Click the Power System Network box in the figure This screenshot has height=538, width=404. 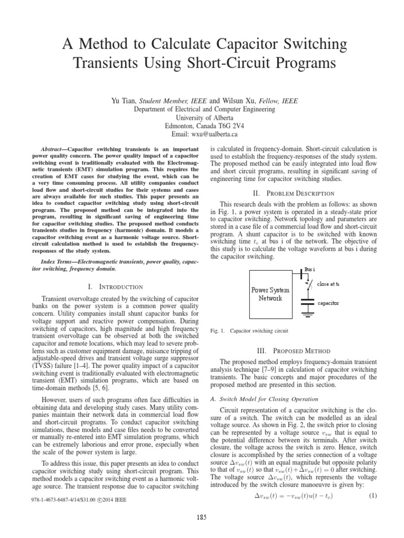(270, 294)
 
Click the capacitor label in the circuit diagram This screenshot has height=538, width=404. (328, 303)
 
